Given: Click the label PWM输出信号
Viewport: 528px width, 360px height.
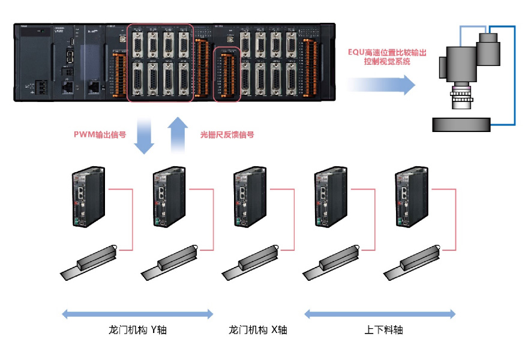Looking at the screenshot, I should coord(100,136).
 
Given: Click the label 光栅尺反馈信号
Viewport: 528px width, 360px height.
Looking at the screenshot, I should coord(227,136).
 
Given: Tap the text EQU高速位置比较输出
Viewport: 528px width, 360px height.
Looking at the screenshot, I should coord(387,52).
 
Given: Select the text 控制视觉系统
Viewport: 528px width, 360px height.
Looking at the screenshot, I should coord(387,62).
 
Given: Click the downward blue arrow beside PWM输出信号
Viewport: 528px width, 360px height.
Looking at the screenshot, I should coord(143,134).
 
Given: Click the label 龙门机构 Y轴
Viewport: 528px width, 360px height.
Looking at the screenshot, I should coord(138,330).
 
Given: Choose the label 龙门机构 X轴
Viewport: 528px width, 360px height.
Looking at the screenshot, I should coord(258,330).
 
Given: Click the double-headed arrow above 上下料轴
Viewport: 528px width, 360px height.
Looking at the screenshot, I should coord(380,313).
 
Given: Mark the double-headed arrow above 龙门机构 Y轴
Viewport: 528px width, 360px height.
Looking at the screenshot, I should coord(138,313).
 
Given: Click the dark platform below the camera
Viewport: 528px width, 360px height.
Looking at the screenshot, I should coord(461,125).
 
